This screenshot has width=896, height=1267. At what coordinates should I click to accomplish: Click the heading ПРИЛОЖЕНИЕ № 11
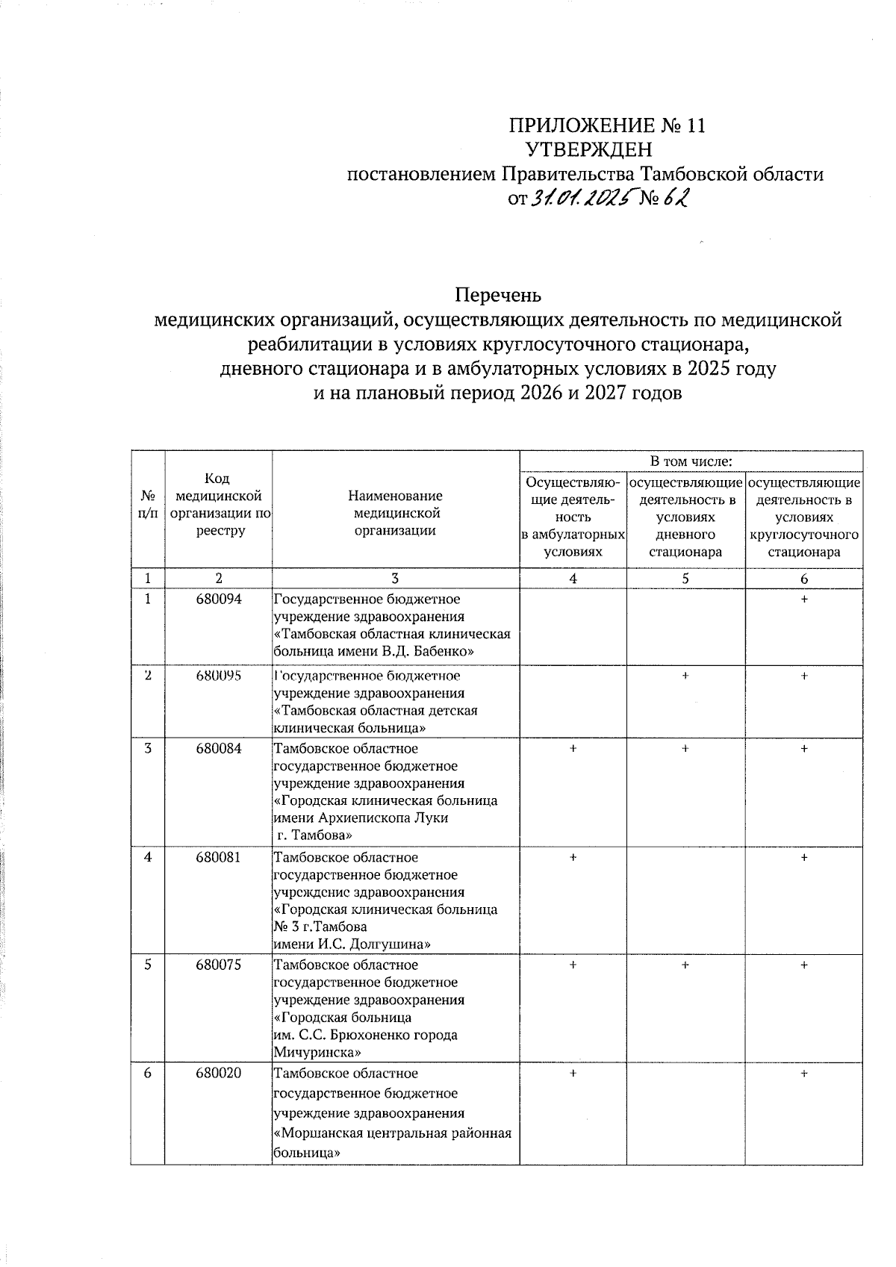click(x=607, y=125)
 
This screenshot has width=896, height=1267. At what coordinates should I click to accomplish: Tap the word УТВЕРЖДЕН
click(x=590, y=149)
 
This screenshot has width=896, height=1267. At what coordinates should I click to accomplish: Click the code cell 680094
click(x=218, y=599)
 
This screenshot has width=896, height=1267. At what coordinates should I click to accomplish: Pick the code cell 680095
click(x=218, y=676)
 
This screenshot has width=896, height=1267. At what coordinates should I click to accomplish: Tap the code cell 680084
click(x=218, y=748)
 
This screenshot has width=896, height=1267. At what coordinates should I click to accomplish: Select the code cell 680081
click(x=218, y=857)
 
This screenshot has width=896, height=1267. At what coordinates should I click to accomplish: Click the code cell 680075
click(x=218, y=965)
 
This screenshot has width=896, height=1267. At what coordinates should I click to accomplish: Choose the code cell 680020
click(x=218, y=1073)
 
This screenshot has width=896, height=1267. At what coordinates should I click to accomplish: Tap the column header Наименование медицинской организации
click(x=395, y=513)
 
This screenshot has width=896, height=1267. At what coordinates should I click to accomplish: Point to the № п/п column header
click(x=148, y=504)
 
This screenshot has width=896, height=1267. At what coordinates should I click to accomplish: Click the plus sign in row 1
click(x=803, y=600)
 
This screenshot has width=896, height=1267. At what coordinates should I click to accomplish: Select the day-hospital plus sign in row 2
click(x=685, y=675)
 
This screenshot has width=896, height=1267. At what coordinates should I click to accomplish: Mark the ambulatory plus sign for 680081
click(x=573, y=858)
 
